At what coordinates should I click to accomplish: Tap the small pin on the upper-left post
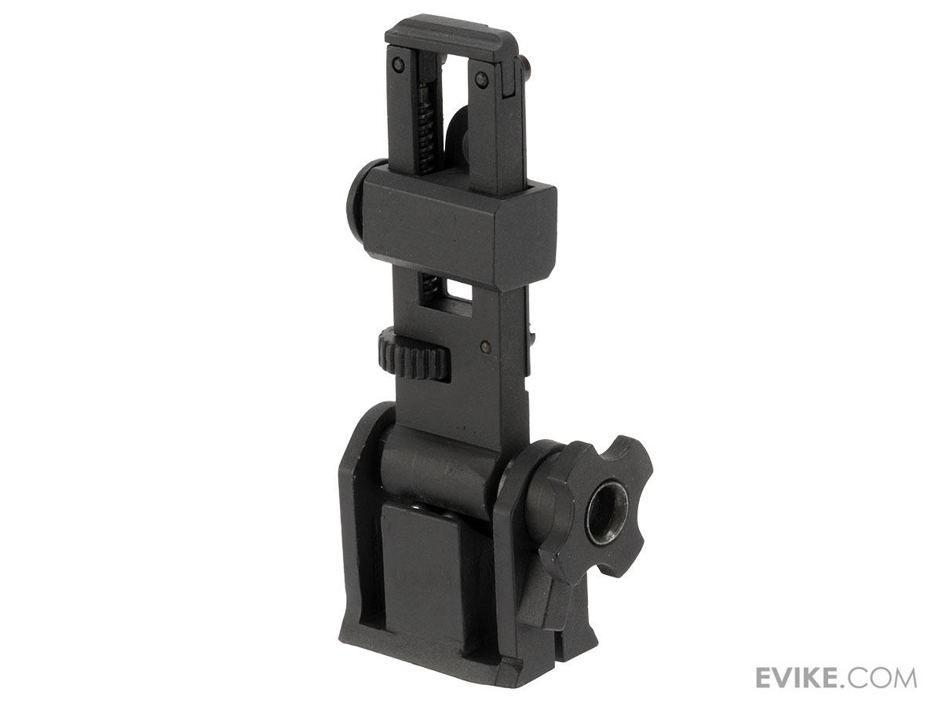[x=399, y=65]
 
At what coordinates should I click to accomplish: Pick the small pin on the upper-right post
[x=481, y=79]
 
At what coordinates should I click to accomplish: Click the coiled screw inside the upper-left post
[x=427, y=129]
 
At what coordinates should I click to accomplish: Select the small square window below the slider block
[x=458, y=293]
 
